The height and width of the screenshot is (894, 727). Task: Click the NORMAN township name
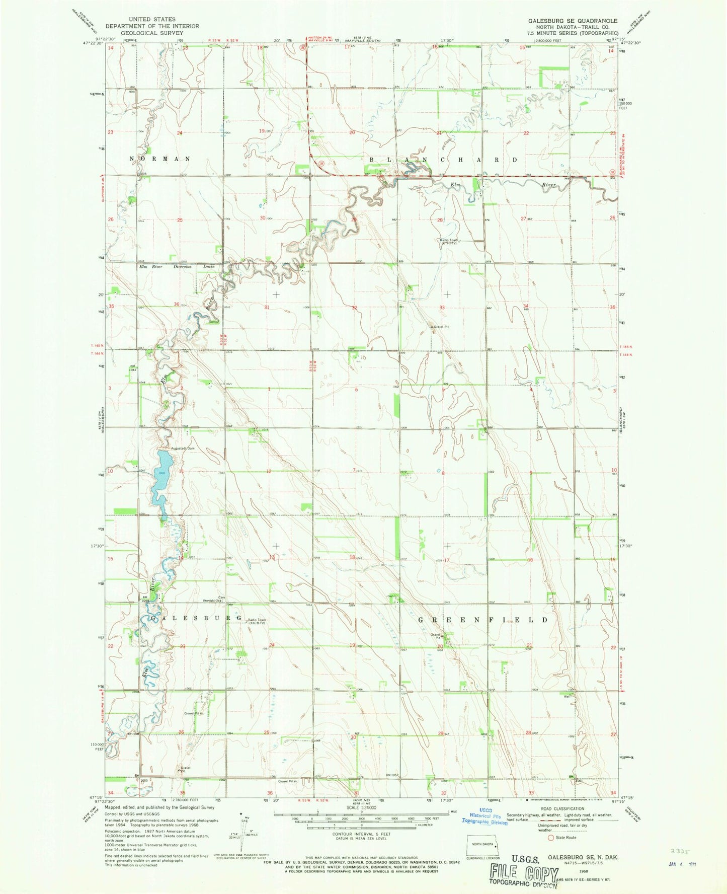pos(160,159)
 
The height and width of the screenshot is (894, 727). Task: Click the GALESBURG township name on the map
pos(196,618)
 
